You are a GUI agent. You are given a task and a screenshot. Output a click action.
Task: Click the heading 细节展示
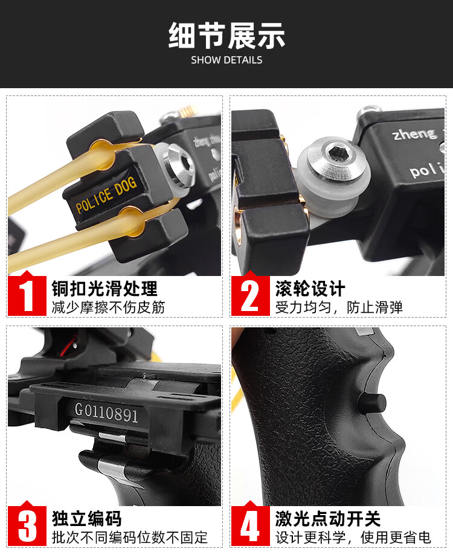point(226,36)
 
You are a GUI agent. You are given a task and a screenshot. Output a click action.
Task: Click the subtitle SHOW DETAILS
point(226,60)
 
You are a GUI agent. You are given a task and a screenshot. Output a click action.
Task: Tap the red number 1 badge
point(27,295)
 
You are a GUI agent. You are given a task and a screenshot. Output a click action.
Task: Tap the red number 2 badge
point(251,295)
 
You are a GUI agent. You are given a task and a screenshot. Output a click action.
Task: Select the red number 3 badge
point(27,525)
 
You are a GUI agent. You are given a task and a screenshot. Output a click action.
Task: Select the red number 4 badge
point(251,525)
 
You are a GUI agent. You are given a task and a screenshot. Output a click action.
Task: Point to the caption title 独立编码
point(87,518)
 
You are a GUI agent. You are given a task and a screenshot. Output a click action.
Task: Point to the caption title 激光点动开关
point(328,518)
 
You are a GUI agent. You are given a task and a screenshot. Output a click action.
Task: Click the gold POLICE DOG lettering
point(106,196)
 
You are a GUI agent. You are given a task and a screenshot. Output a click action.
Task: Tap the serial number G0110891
point(106,414)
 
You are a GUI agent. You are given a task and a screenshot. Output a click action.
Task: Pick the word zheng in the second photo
point(414,133)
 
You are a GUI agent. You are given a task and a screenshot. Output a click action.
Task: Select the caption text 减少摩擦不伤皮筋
point(108,307)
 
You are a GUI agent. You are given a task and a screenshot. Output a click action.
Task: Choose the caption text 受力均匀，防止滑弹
point(339,307)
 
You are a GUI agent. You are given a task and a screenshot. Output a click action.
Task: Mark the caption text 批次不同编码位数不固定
point(130,537)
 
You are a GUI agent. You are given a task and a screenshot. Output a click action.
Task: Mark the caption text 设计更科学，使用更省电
point(353,537)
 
